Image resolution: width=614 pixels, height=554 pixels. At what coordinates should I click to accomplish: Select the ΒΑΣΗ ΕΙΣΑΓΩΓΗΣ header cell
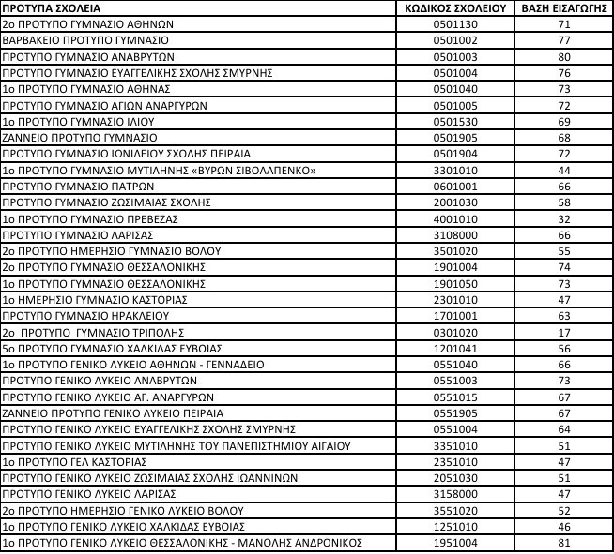(564, 8)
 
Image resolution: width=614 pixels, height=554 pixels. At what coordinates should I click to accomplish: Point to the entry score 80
(564, 56)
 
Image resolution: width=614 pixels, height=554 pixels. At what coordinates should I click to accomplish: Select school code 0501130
(450, 24)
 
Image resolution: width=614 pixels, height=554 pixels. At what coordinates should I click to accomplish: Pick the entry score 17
(564, 331)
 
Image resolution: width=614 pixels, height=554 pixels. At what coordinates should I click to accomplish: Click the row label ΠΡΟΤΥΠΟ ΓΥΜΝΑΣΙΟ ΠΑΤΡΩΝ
(72, 186)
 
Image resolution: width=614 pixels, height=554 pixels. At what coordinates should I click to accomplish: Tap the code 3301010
(450, 170)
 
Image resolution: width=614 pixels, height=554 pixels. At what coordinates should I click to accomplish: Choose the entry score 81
(564, 543)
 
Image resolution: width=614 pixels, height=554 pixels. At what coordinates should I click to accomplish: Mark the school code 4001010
(450, 218)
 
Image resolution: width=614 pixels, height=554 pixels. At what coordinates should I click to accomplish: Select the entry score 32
(564, 218)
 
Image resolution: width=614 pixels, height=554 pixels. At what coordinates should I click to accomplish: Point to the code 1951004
(450, 543)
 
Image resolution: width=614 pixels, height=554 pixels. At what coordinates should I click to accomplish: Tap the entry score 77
(564, 40)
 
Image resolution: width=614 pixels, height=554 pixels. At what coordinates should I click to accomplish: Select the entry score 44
(564, 170)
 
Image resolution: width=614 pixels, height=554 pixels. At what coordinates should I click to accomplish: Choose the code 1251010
(450, 526)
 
